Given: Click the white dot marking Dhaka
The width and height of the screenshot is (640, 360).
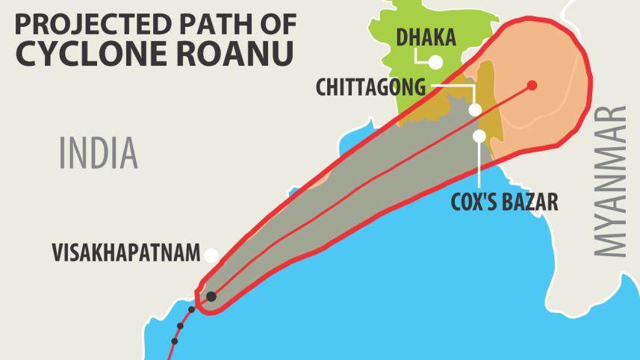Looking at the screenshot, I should [435, 62].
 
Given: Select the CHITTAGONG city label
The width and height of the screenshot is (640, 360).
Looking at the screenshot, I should [370, 87].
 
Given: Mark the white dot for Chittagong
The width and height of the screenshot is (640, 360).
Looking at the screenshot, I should [475, 110].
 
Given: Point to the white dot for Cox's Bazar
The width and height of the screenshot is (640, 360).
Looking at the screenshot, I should [479, 136].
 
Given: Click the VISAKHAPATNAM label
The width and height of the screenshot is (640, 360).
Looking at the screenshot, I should [126, 253].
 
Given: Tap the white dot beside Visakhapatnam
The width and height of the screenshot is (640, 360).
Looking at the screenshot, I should [211, 255].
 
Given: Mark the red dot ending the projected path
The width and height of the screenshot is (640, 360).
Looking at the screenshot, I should [532, 84].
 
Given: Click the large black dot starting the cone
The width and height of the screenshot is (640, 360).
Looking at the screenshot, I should [211, 297].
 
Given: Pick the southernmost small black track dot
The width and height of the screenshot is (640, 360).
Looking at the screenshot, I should [175, 341].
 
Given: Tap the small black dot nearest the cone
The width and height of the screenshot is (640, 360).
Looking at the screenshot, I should [191, 309].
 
